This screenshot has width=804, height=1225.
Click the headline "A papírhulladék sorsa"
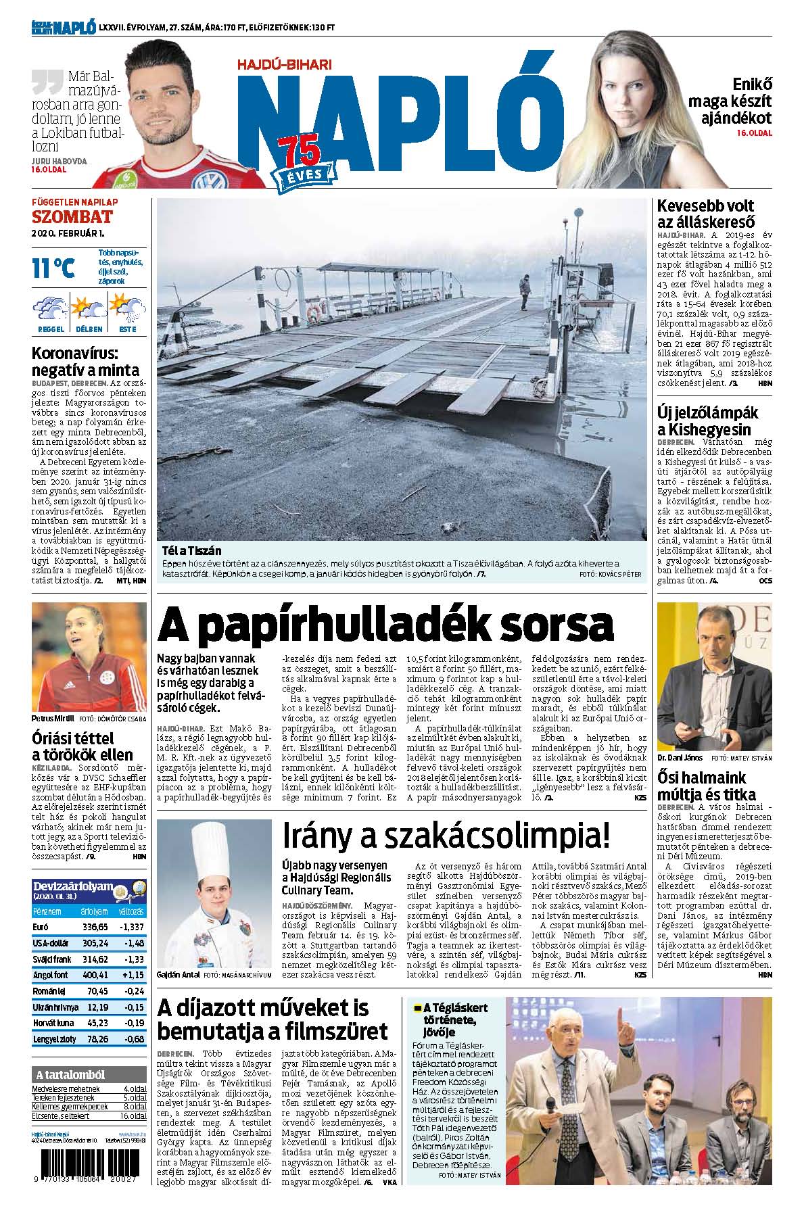tap(385, 625)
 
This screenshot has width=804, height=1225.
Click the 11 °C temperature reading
tap(53, 268)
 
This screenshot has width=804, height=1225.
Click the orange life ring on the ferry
tap(314, 312)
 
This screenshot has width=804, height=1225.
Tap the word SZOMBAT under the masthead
tap(71, 217)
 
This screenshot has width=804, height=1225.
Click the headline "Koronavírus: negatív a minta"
tap(86, 362)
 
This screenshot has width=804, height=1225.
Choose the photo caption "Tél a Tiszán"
tap(191, 550)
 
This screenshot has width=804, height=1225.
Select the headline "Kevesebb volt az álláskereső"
tap(705, 214)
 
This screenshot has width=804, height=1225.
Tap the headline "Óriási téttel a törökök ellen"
tap(82, 746)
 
